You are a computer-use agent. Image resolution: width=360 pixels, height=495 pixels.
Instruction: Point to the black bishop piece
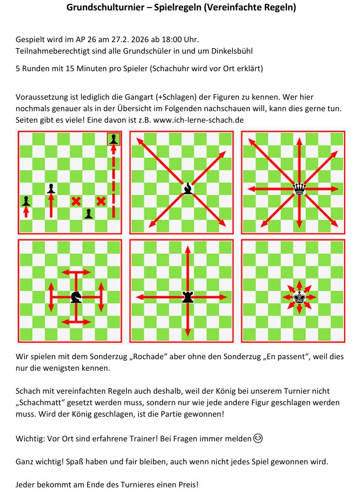coord(188,188)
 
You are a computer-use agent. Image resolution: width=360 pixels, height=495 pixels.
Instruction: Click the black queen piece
coord(299,188)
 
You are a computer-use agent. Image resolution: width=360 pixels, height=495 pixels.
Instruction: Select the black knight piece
coord(76,296)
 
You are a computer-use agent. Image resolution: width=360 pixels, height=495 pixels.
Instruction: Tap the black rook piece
coord(188,297)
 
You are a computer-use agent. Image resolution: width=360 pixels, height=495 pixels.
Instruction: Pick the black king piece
coord(300,297)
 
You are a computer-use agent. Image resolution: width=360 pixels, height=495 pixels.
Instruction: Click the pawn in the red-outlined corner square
coord(113,139)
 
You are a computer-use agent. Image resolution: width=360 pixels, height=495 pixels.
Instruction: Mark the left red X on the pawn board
coord(76,201)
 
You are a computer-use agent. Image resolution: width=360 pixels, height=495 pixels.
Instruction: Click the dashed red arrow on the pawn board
coord(113,181)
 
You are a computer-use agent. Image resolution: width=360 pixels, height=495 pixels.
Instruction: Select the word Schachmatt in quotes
coord(41,402)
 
